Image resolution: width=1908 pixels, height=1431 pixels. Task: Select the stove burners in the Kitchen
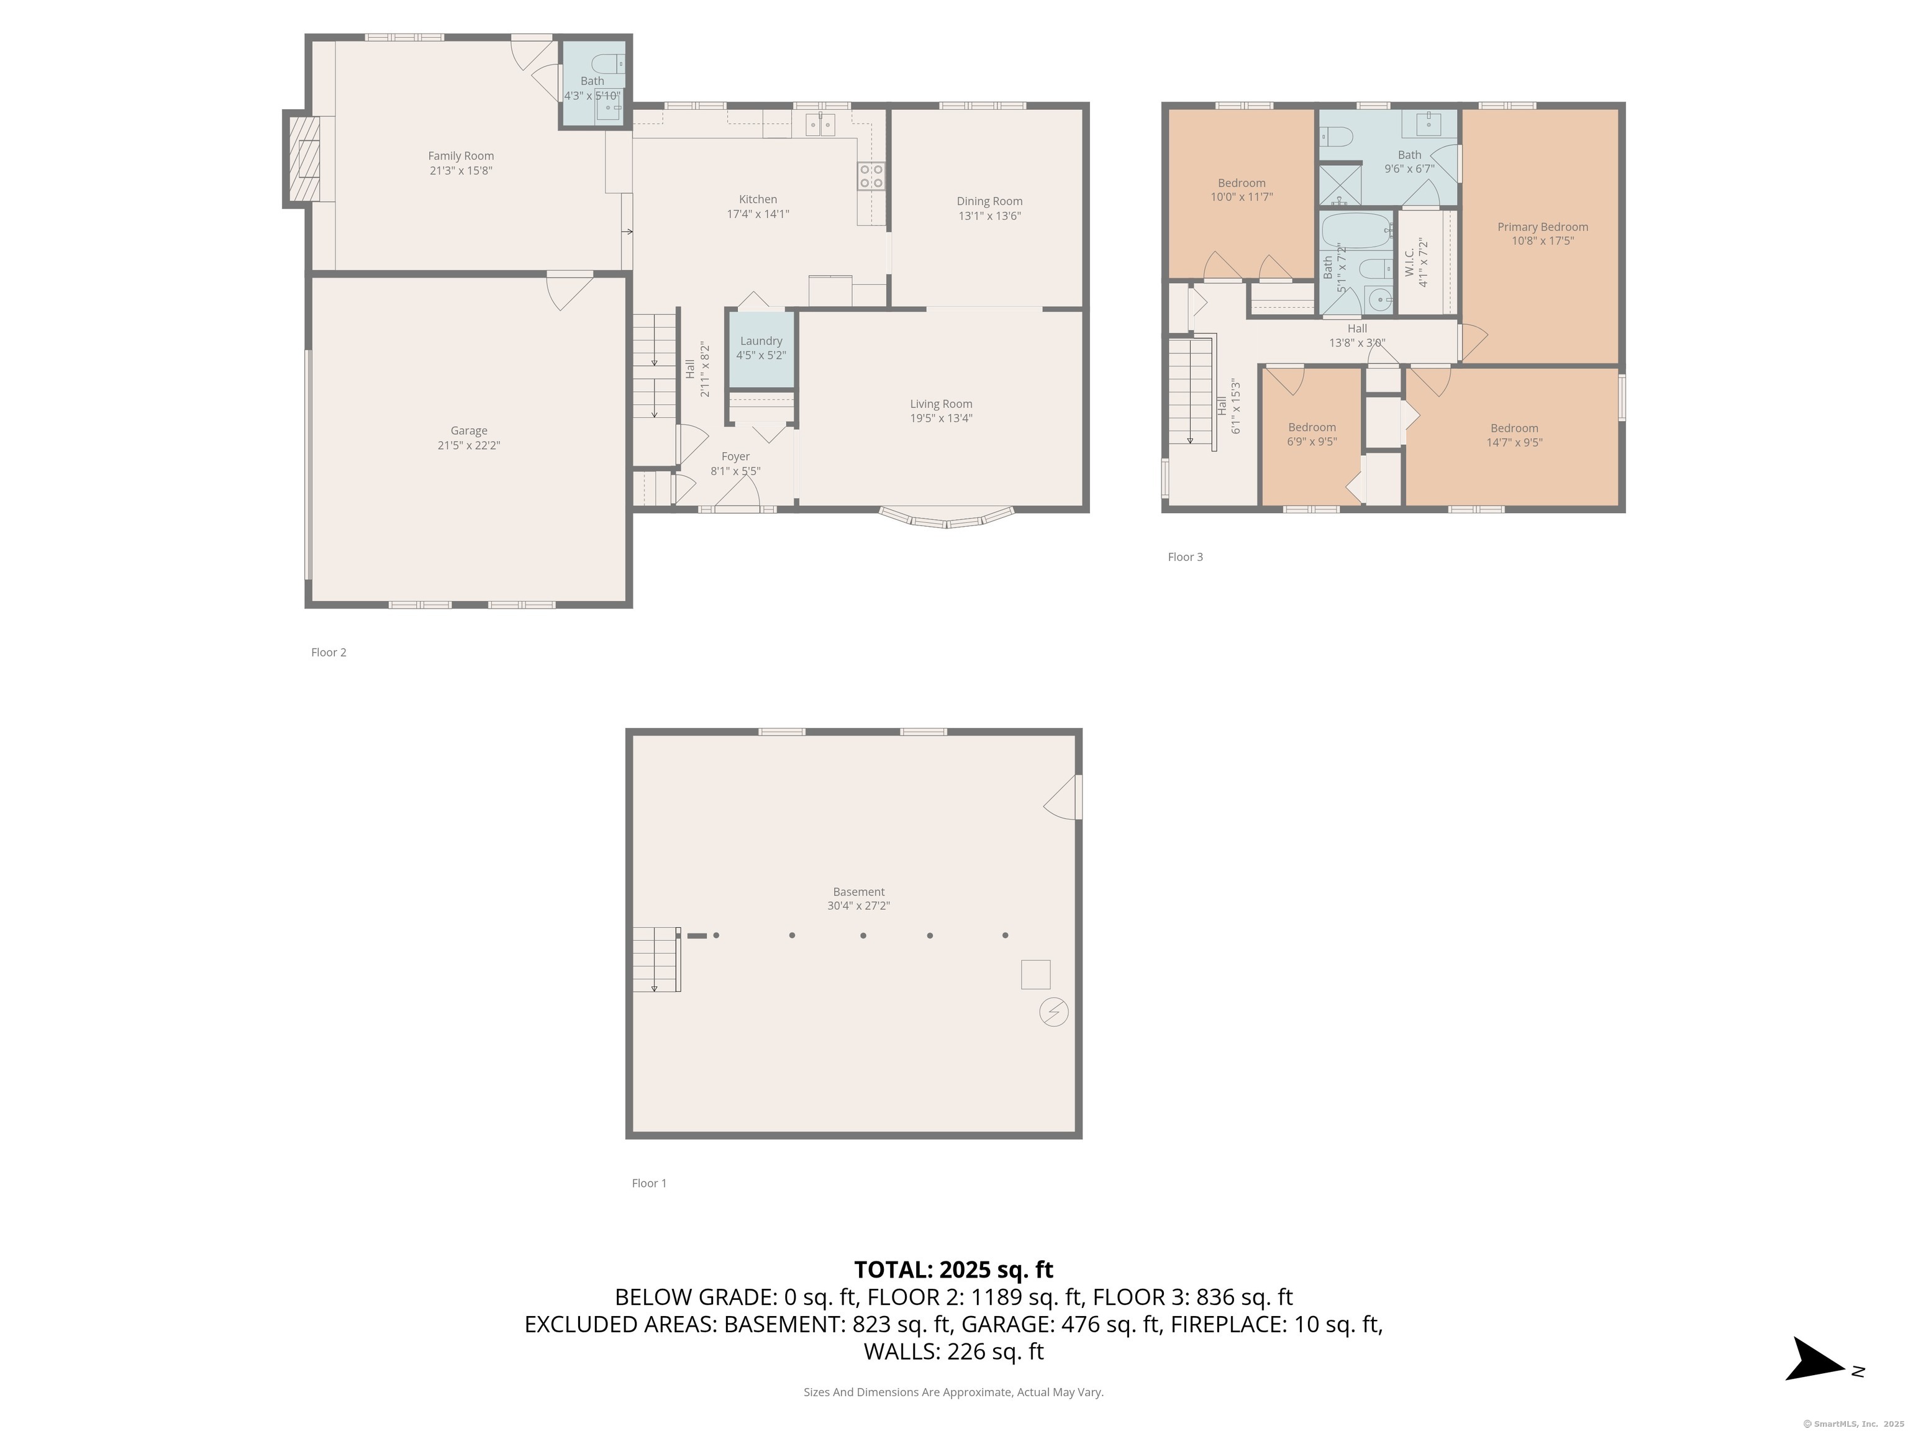pyautogui.click(x=870, y=177)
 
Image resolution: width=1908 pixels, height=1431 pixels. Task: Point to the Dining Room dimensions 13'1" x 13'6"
pyautogui.click(x=989, y=216)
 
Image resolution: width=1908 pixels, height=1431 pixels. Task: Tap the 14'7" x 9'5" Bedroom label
pyautogui.click(x=1514, y=435)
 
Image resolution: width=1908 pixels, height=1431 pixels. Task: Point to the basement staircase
pyautogui.click(x=655, y=958)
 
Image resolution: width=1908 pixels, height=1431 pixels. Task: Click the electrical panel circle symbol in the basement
pyautogui.click(x=1053, y=1011)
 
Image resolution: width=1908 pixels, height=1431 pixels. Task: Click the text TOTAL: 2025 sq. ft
pyautogui.click(x=953, y=1270)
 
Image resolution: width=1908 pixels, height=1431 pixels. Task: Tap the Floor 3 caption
pyautogui.click(x=1184, y=557)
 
